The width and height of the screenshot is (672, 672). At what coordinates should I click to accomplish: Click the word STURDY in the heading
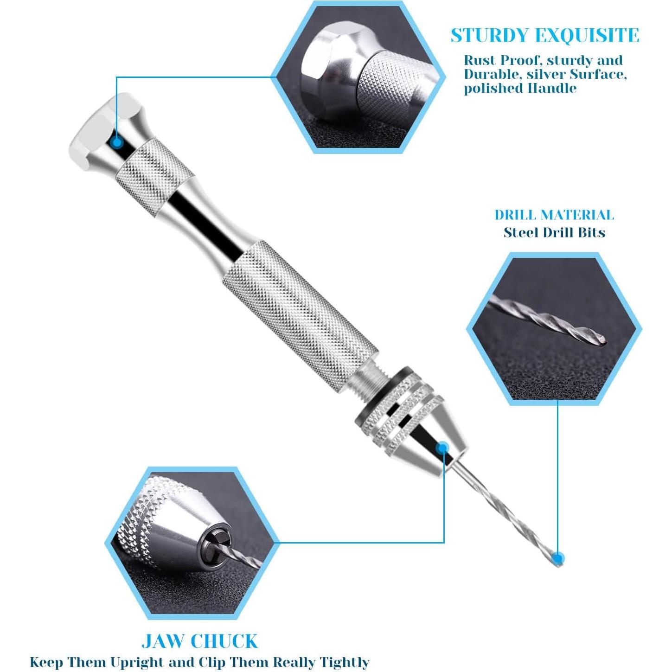coord(490,36)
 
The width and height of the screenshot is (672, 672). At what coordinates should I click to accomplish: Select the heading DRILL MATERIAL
coord(554,215)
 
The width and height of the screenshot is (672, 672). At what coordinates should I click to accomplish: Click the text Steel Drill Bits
coord(554,232)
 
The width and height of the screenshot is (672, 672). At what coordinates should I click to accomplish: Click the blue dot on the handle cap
coord(118,142)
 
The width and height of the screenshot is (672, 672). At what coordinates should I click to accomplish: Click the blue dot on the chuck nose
coord(442,448)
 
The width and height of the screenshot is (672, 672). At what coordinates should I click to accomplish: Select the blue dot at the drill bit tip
coord(559,557)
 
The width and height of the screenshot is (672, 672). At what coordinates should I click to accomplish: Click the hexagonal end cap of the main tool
coord(97,128)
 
